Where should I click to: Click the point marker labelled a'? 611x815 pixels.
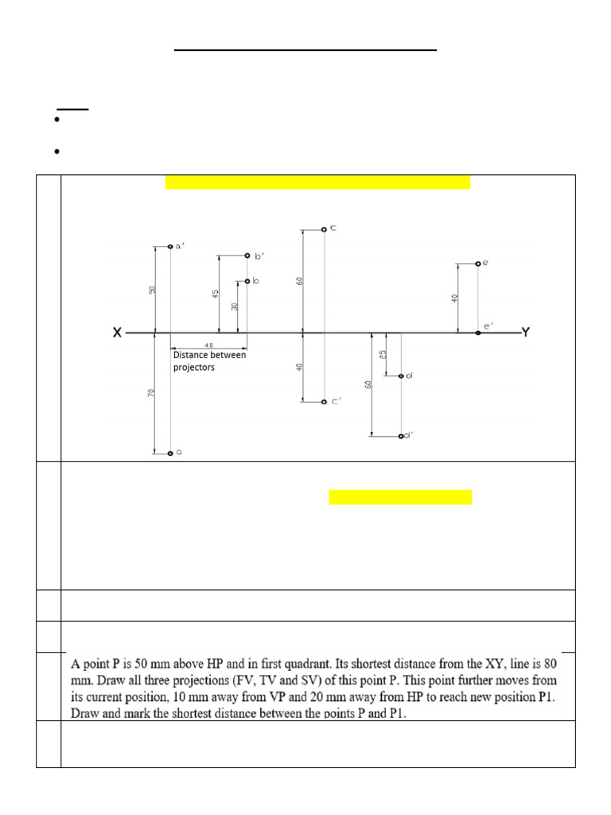(170, 247)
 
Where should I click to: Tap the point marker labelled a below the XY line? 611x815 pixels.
(170, 454)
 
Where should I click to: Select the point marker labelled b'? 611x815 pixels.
(247, 255)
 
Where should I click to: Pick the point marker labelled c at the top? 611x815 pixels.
(324, 229)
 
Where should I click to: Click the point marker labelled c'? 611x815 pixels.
(324, 402)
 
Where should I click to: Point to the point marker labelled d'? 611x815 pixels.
(401, 436)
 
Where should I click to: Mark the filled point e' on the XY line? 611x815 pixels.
(477, 333)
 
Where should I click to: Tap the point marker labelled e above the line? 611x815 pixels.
(477, 263)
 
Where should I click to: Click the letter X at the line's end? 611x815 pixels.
(117, 333)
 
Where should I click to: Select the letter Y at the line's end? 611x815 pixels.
(524, 332)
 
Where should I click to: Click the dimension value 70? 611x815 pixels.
(152, 393)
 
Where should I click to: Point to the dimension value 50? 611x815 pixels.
(152, 290)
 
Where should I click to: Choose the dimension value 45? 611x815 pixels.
(216, 294)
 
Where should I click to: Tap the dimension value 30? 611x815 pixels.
(235, 306)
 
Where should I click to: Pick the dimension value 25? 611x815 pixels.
(383, 353)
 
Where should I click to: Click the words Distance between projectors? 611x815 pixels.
(209, 361)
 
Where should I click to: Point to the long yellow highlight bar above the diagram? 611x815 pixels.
(317, 182)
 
